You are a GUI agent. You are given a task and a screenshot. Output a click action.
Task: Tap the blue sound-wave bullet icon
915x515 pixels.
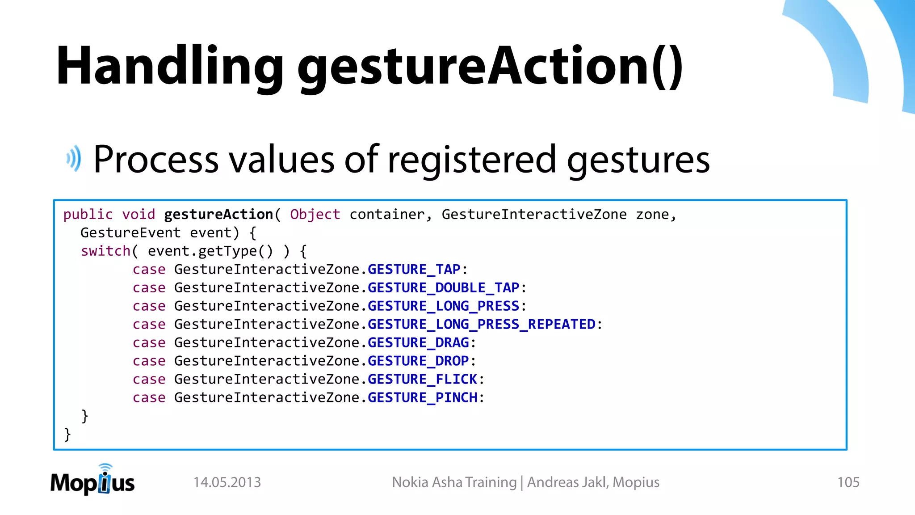[74, 159]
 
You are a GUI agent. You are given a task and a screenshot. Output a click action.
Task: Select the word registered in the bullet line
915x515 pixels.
[472, 160]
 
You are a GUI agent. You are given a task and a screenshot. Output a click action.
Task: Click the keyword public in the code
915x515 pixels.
[88, 215]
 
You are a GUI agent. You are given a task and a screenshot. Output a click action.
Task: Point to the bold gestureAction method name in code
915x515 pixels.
[218, 215]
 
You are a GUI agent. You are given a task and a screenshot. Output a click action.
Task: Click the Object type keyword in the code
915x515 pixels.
[315, 215]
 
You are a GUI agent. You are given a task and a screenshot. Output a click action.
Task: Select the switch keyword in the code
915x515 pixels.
[105, 251]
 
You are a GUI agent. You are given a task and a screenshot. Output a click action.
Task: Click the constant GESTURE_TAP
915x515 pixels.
[414, 270]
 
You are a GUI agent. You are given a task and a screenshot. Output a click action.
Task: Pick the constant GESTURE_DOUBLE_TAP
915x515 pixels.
[443, 288]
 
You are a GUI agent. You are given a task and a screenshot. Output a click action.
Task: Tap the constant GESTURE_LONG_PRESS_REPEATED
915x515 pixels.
[481, 325]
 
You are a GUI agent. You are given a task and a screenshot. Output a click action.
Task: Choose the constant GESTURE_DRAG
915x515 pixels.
[418, 343]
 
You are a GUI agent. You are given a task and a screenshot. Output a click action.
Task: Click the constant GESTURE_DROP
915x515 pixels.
[418, 361]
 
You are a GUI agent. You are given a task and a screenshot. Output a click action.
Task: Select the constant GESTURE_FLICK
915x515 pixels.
[422, 380]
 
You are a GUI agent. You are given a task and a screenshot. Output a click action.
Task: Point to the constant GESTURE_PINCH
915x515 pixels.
[422, 398]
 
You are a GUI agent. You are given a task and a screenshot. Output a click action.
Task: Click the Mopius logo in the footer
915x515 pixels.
[92, 481]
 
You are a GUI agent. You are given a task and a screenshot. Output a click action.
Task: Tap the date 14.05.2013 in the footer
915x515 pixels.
[227, 482]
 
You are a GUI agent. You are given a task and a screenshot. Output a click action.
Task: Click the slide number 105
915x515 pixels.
[848, 482]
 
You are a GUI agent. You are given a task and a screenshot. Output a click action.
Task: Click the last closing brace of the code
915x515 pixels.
[67, 434]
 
